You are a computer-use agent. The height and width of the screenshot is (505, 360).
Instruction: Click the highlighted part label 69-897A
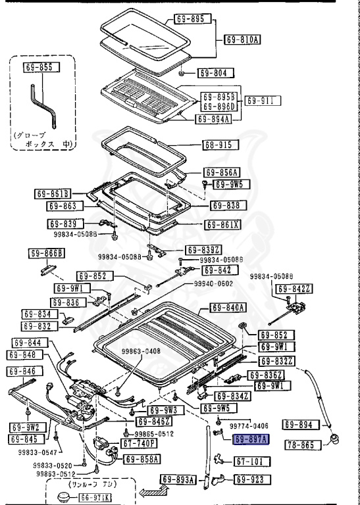(250, 440)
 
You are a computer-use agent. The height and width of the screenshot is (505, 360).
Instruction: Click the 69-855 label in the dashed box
(42, 67)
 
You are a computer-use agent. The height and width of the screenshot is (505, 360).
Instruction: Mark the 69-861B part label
(52, 193)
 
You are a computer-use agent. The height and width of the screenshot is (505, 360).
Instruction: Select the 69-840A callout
(228, 308)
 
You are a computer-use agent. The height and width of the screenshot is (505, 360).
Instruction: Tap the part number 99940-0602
(213, 283)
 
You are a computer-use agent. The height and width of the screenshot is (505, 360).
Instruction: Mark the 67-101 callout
(249, 462)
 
